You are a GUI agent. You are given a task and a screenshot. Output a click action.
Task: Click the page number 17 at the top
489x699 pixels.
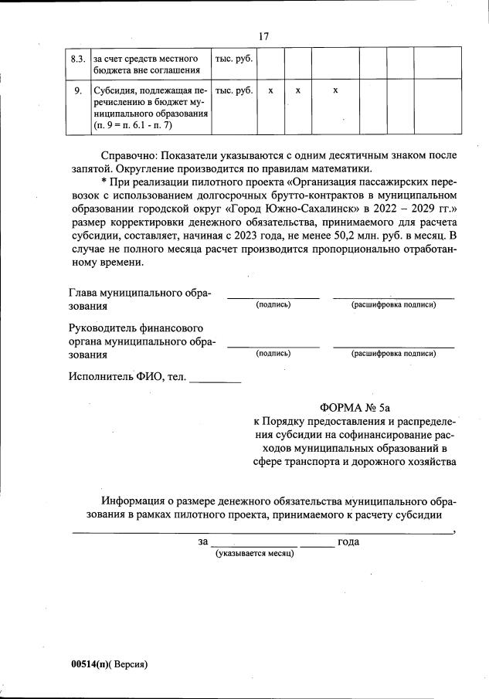[263, 36]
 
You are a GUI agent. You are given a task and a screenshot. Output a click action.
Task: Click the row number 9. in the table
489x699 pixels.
[77, 90]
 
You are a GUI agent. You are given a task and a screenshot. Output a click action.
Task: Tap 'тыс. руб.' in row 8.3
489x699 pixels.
[233, 59]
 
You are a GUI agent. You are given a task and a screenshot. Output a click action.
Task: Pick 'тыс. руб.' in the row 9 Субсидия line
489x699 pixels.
[233, 90]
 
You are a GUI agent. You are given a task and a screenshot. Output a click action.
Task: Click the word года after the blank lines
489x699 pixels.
[348, 541]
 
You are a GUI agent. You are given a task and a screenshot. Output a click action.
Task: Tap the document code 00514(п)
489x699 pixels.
[87, 663]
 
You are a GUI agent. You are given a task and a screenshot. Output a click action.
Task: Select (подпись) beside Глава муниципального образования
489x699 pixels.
[273, 305]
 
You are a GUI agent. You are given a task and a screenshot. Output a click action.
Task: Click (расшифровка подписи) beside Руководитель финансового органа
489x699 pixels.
[393, 354]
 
